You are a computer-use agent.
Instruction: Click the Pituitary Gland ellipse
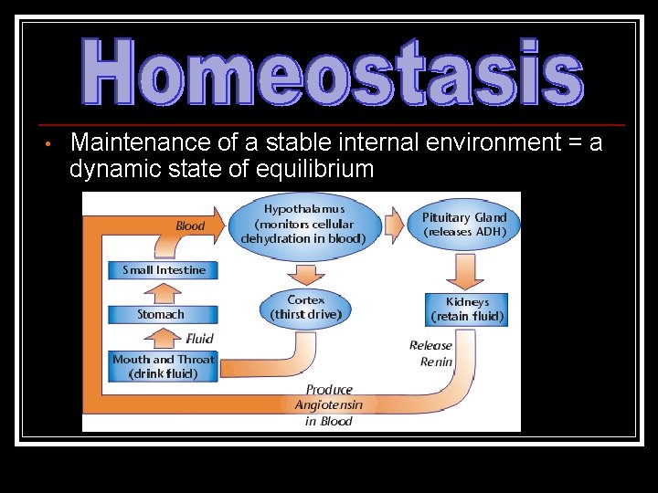click(x=463, y=224)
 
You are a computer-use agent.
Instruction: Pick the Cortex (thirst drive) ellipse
click(x=305, y=307)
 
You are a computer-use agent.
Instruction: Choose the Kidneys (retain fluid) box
click(x=467, y=309)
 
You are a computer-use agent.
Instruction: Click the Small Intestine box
click(x=164, y=269)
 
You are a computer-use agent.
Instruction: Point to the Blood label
click(x=190, y=226)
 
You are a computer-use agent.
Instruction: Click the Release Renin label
click(x=430, y=353)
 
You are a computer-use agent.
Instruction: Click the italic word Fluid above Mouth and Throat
click(x=199, y=340)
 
